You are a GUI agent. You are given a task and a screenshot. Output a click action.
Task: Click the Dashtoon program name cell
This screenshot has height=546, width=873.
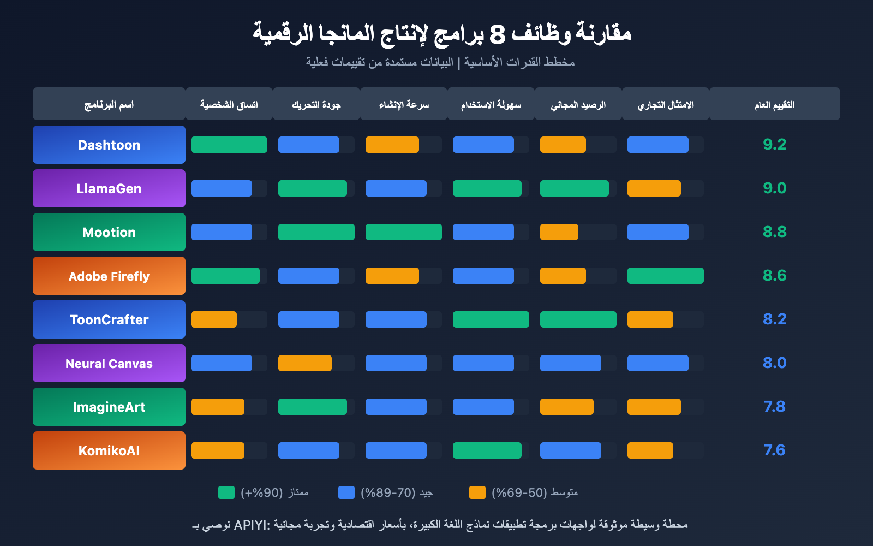pos(109,145)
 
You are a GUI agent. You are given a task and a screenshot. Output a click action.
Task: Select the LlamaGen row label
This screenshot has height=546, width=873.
pos(109,188)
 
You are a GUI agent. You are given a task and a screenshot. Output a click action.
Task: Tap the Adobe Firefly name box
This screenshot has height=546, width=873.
pos(109,276)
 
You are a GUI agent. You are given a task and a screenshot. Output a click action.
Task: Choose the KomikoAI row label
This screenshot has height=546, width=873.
pos(109,450)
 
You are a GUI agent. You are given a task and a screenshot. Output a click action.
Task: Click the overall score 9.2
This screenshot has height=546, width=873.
pos(774,145)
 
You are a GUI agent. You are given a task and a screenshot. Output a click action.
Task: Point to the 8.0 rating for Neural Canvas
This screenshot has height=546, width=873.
pos(774,363)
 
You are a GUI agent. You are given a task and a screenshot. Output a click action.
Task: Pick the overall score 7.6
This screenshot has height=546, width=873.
pos(774,450)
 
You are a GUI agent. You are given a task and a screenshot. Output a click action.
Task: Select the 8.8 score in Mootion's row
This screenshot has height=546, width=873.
pos(774,232)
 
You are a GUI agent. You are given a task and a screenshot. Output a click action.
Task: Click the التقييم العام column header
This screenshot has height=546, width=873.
pos(774,104)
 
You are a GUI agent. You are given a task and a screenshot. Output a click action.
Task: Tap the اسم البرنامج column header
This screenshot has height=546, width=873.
pos(109,104)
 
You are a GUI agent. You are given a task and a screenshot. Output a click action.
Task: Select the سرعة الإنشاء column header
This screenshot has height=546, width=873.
pos(404,104)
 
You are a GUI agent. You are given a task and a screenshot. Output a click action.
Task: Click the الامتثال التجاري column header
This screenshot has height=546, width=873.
pos(666,104)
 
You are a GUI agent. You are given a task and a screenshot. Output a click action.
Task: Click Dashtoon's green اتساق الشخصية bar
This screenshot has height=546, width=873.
pos(229,145)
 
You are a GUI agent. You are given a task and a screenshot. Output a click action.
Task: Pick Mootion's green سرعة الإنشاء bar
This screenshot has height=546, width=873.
pos(404,232)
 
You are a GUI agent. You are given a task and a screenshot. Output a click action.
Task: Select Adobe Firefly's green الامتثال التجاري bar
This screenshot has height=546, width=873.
pos(666,276)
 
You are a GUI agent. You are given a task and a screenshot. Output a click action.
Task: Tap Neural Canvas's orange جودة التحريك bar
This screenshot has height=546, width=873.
pos(305,363)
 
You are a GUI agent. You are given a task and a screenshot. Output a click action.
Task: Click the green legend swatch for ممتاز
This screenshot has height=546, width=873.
pos(226,492)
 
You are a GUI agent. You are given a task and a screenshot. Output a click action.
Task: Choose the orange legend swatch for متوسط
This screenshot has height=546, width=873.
pos(477,492)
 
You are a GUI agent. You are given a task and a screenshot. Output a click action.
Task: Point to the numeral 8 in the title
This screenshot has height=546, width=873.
pos(498,34)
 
